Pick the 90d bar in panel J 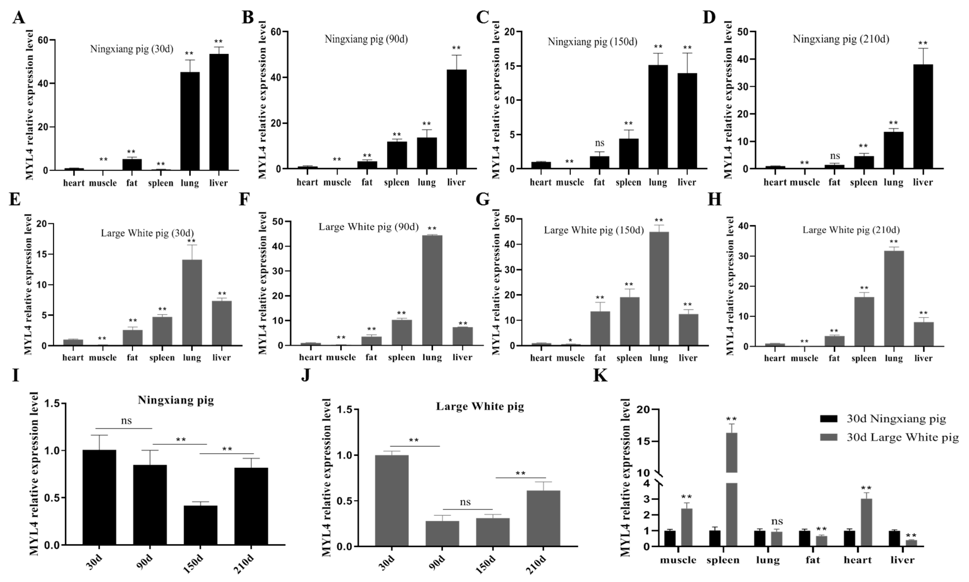click(442, 533)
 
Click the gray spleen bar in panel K click(732, 510)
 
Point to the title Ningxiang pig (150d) click(592, 41)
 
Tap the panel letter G click(482, 200)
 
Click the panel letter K click(600, 376)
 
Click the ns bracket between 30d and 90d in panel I click(123, 428)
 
